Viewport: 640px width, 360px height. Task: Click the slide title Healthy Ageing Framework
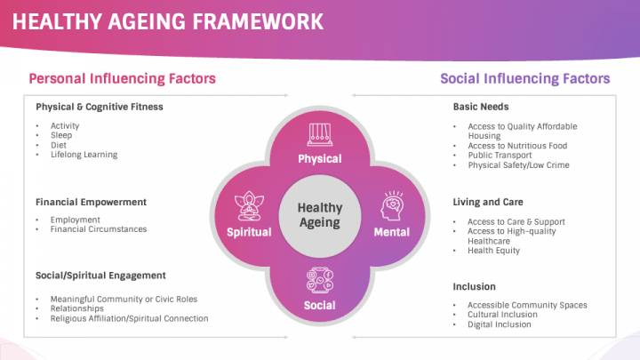(167, 21)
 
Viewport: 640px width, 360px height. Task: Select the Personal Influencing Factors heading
(122, 79)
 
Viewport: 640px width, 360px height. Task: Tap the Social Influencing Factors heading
(524, 79)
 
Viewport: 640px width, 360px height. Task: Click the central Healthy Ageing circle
(320, 214)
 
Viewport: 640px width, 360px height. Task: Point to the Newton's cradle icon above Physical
(320, 135)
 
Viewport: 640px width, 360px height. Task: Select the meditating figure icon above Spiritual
(249, 207)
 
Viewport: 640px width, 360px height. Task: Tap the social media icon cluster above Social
(320, 280)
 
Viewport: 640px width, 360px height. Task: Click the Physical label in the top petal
(320, 159)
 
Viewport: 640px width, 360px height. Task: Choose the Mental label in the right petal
(391, 232)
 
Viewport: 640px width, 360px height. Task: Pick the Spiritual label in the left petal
(249, 232)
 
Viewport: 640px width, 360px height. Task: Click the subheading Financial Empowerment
(91, 202)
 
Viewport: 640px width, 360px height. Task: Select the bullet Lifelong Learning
(84, 155)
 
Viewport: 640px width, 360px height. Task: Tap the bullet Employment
(76, 220)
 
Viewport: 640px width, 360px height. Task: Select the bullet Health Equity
(495, 251)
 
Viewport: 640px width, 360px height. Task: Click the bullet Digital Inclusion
(500, 324)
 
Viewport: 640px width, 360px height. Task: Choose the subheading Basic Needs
(481, 107)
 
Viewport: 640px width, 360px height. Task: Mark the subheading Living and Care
(488, 202)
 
